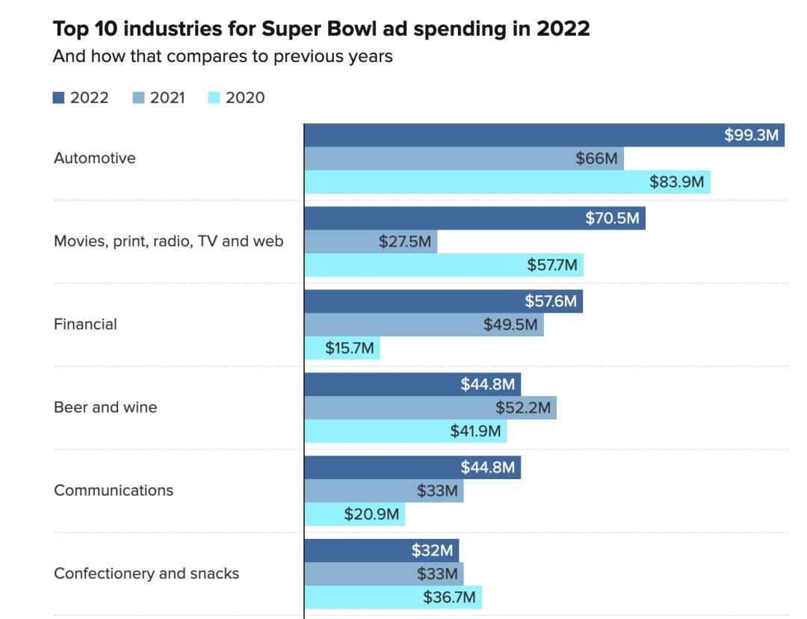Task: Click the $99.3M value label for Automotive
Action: pos(752,135)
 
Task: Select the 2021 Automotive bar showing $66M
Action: pos(463,158)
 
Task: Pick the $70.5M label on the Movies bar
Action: pos(613,218)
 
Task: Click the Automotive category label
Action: pos(95,158)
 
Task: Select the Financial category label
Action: pos(85,324)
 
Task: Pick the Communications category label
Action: pos(114,490)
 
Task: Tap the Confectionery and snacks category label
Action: pos(146,573)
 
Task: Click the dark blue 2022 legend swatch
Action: pos(59,98)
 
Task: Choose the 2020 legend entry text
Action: pos(245,98)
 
